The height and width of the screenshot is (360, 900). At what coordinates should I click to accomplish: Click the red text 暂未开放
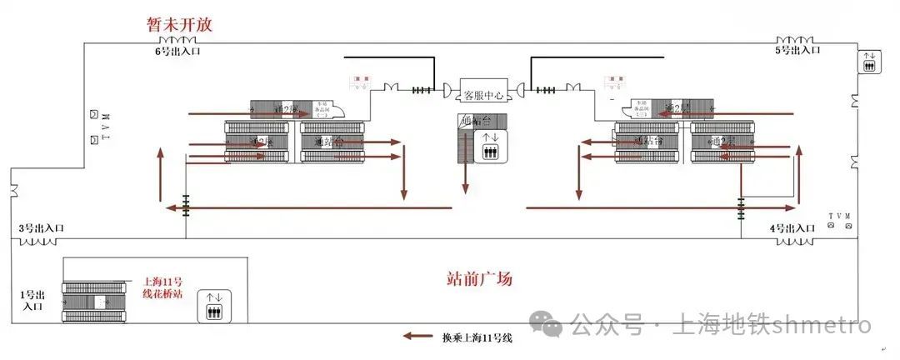[178, 24]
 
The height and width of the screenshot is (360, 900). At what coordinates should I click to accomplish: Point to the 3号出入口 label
[42, 228]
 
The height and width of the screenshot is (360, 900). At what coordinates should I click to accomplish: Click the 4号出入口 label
[792, 228]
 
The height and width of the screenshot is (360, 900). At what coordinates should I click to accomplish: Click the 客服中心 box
[484, 95]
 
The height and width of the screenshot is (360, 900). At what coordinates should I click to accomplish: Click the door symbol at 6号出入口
[177, 41]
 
